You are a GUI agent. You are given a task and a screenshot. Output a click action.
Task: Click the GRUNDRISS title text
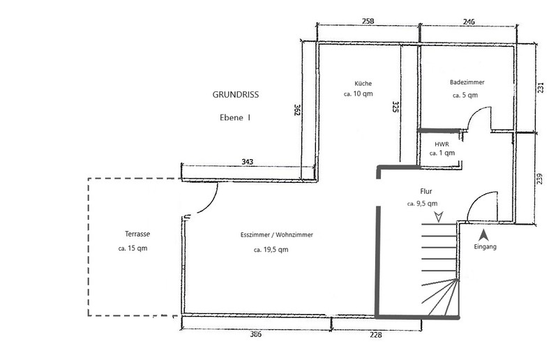(236, 95)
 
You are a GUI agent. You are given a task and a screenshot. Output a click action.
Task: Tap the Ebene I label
(235, 117)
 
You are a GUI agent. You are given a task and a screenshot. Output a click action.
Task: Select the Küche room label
(363, 83)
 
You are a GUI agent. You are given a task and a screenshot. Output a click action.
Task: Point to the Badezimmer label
(467, 82)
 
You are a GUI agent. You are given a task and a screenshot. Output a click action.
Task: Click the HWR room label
(442, 144)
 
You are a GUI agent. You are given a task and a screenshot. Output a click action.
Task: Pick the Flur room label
(426, 191)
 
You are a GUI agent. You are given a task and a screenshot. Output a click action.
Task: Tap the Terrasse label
(137, 234)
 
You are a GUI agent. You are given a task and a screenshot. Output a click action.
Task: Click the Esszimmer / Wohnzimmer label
(276, 235)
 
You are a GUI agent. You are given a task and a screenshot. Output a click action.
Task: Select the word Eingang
(485, 246)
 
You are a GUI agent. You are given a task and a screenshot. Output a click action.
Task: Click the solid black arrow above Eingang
(483, 235)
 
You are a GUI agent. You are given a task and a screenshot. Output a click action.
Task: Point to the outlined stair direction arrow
(439, 216)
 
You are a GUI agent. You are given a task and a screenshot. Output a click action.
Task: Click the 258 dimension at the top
(368, 21)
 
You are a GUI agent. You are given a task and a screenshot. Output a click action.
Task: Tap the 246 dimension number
(469, 22)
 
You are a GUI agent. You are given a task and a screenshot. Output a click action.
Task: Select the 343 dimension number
(248, 162)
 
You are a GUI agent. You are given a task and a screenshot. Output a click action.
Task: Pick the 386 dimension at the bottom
(255, 334)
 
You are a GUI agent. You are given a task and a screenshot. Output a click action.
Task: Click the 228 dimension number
(376, 335)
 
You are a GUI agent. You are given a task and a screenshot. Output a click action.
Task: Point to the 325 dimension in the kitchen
(395, 107)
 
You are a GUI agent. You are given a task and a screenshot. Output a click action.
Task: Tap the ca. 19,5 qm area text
(271, 250)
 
